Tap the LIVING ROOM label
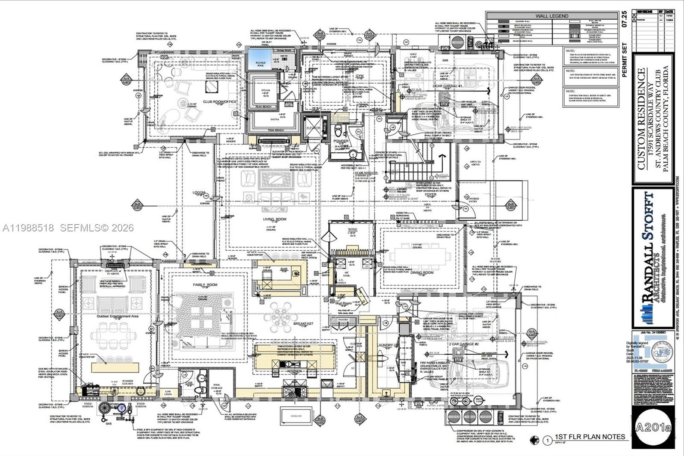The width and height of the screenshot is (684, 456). click(274, 219)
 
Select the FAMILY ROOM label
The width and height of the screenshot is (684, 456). click(205, 284)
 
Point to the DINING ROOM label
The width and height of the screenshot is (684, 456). click(422, 272)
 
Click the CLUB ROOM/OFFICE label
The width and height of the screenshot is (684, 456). click(219, 102)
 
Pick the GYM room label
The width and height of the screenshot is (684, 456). click(360, 76)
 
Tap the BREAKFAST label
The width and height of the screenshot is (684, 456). click(303, 324)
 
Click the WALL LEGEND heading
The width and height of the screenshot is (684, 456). click(552, 16)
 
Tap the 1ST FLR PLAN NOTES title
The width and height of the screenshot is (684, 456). click(590, 437)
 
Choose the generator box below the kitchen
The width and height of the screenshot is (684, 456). click(296, 415)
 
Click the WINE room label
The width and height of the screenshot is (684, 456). click(352, 230)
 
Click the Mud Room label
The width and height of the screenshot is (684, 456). click(343, 303)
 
